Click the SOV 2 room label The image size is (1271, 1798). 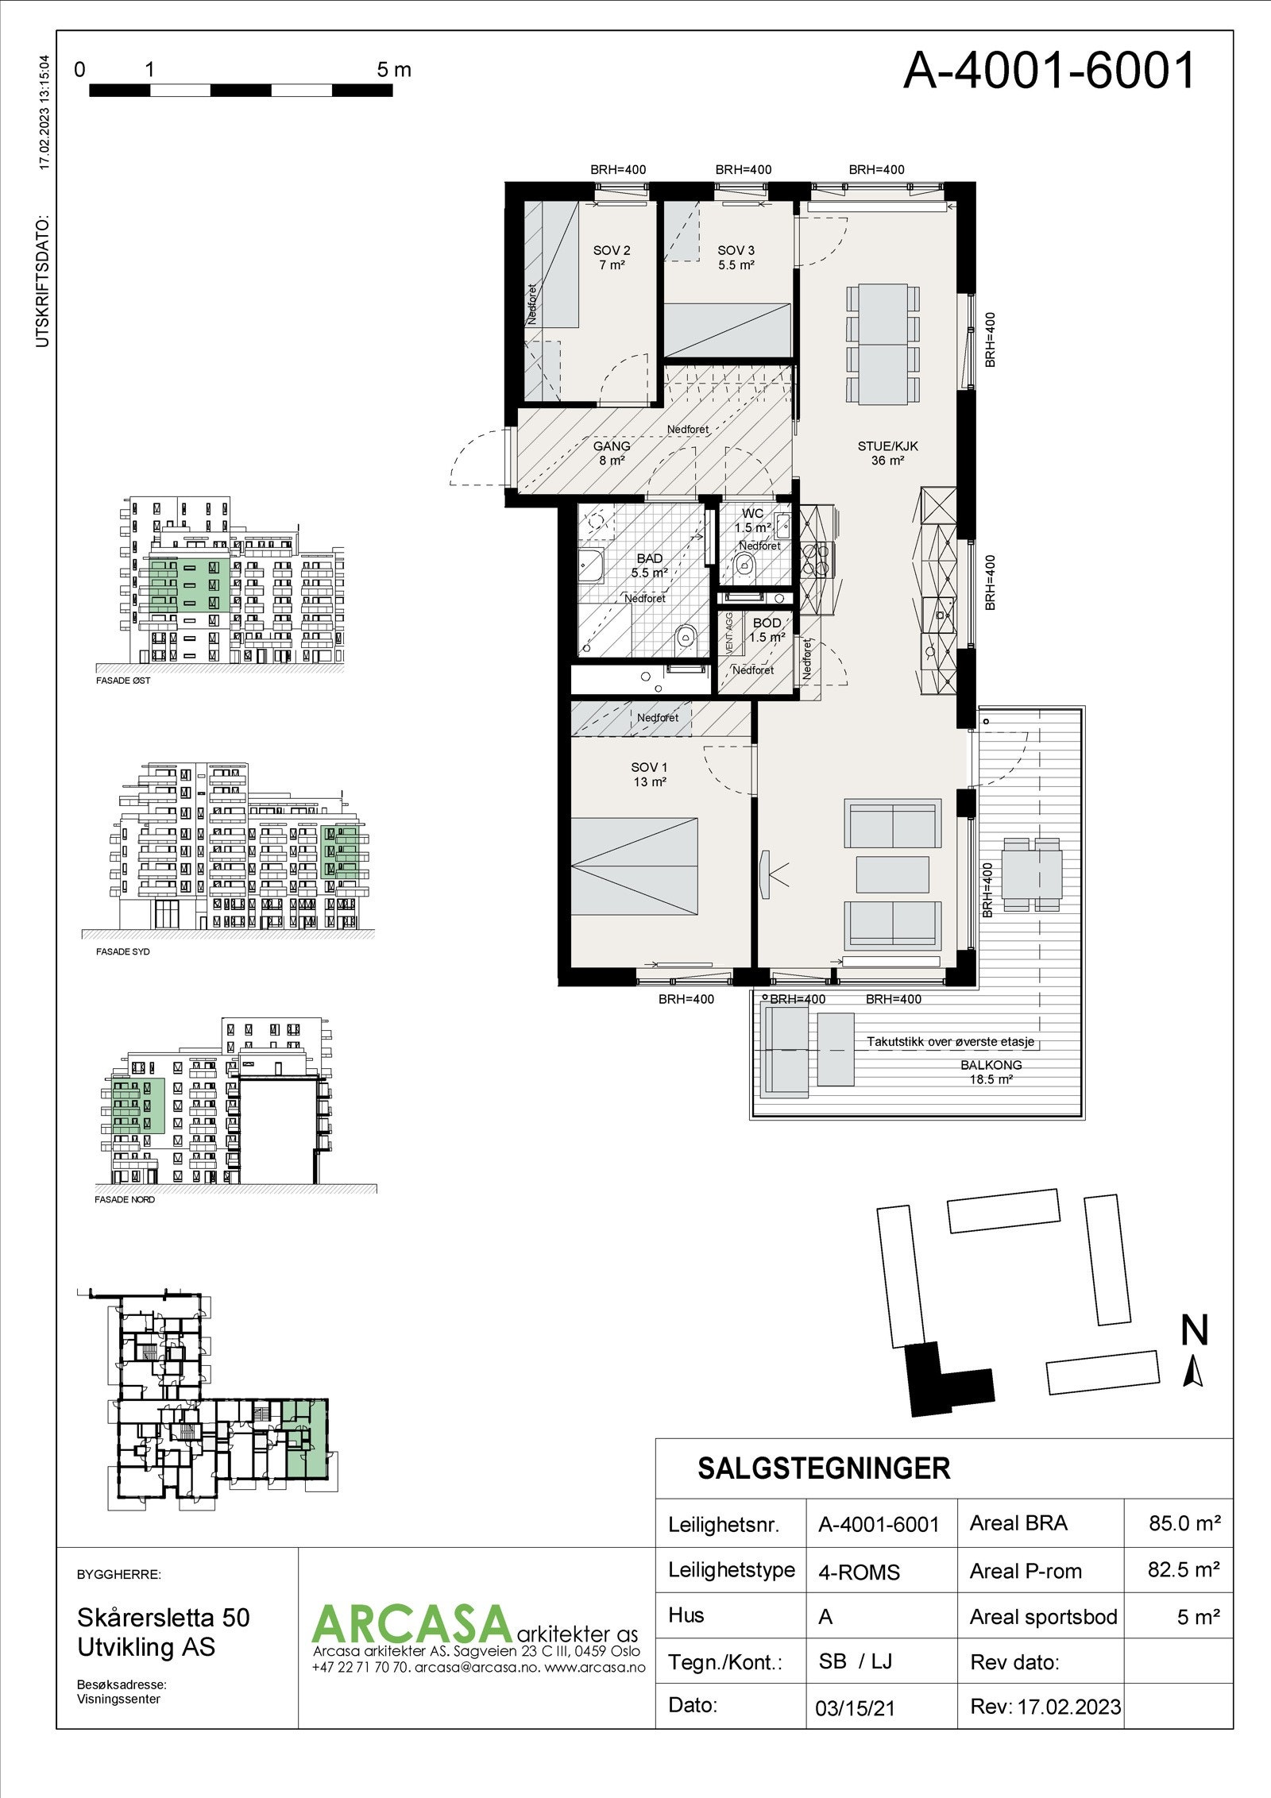click(611, 250)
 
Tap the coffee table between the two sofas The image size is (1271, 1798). click(893, 874)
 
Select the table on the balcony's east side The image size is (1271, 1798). click(1031, 874)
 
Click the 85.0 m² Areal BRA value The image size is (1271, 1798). click(1184, 1523)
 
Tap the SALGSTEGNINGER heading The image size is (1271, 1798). click(824, 1469)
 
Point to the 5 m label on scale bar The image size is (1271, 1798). click(394, 70)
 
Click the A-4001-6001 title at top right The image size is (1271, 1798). click(1049, 71)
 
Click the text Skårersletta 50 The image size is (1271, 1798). click(163, 1618)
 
